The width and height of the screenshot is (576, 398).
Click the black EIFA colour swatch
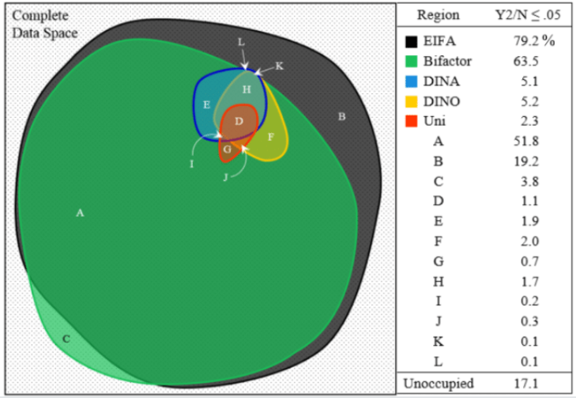(412, 41)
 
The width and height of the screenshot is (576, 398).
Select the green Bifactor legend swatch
(412, 61)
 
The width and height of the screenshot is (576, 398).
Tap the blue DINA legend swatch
(412, 81)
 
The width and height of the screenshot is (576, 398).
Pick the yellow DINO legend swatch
(412, 101)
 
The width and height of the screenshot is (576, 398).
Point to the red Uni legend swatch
(412, 121)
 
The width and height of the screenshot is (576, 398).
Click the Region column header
(438, 14)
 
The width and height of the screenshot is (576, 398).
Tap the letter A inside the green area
(79, 213)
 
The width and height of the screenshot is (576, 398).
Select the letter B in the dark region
(341, 117)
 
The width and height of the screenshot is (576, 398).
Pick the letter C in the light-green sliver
(66, 339)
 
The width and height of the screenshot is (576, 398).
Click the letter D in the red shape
(239, 121)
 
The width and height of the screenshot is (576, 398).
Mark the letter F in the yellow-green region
(270, 137)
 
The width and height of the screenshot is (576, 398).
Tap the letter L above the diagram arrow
(241, 41)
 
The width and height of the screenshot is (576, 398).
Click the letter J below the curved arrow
(225, 176)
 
